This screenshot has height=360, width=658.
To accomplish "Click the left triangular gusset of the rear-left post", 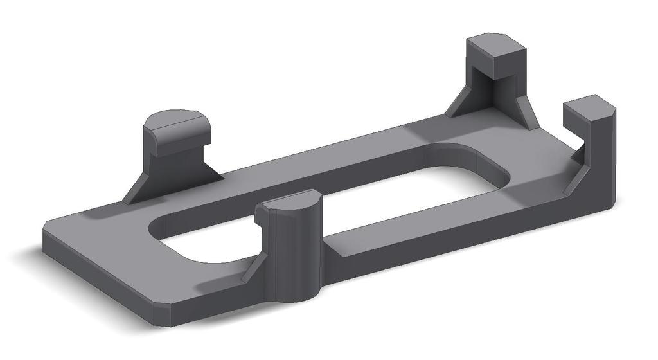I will click(x=139, y=187).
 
